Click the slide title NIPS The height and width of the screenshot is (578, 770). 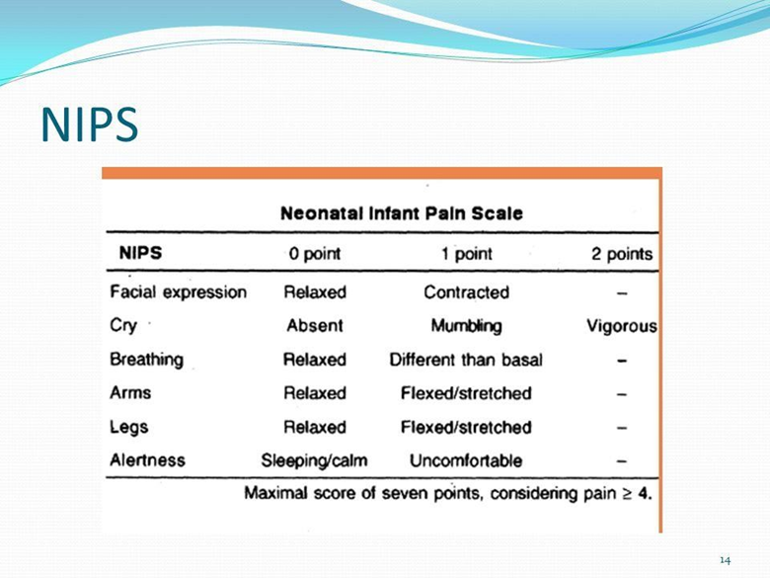coord(90,124)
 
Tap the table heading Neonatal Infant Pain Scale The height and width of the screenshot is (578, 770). coord(401,213)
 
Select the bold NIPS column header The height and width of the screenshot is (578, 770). coord(140,253)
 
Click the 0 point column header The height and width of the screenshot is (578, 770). coord(315,254)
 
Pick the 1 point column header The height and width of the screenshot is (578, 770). coord(466,254)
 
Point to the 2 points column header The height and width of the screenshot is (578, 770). coord(622,254)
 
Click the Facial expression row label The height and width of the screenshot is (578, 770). coord(179,291)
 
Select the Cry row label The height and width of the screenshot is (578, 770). coord(123,325)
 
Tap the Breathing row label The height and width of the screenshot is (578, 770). coord(147,360)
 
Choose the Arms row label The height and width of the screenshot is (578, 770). coord(130,392)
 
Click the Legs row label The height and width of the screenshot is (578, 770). coord(129,427)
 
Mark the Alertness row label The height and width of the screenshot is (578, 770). coord(148,460)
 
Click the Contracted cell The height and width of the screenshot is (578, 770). coord(467,292)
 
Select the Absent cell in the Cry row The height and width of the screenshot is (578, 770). coord(315,325)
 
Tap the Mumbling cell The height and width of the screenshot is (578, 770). coord(467,326)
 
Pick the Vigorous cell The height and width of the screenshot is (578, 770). coord(622,326)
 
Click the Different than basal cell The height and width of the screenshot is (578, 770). coord(466,360)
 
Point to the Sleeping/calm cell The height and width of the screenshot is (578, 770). coord(314,460)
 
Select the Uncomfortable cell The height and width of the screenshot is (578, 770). coord(466,460)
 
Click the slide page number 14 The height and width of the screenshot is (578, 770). coord(726,560)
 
